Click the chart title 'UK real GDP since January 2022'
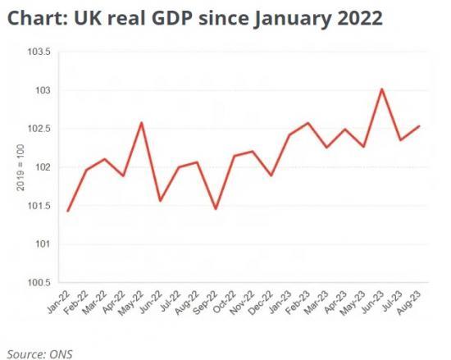(193, 18)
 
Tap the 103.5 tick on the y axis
(39, 52)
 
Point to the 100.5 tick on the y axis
(39, 283)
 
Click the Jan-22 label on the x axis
(57, 304)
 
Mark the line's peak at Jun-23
(382, 89)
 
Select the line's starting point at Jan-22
(67, 211)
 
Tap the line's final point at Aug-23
(420, 126)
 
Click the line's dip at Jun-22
(160, 201)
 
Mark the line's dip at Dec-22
(271, 175)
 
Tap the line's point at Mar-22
(104, 159)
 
